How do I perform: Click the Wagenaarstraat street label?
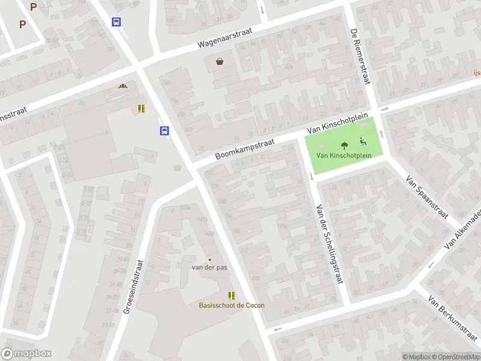(x=226, y=37)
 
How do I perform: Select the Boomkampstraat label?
(x=245, y=150)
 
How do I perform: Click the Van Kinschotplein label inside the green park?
(x=344, y=155)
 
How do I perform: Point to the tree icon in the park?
(x=345, y=145)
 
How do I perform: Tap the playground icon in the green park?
(x=363, y=142)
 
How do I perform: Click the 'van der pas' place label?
(x=209, y=267)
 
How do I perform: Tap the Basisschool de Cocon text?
(x=231, y=305)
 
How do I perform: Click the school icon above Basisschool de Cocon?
(x=231, y=295)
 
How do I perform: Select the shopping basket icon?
(x=220, y=61)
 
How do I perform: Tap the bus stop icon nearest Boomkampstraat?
(x=164, y=131)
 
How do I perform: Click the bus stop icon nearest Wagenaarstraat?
(x=116, y=22)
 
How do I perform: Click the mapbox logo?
(x=26, y=354)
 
